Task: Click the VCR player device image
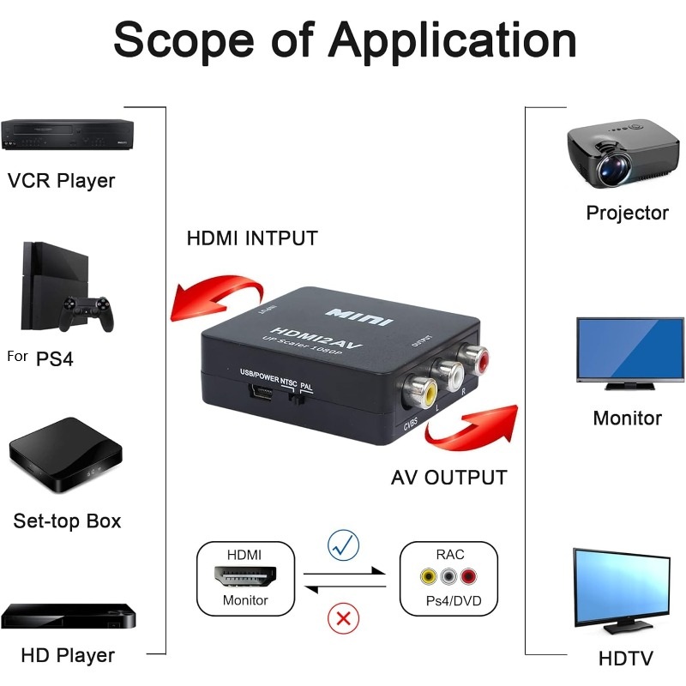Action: click(x=68, y=135)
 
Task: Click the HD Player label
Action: click(x=68, y=656)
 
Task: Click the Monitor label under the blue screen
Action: click(x=628, y=418)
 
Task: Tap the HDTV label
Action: click(x=626, y=659)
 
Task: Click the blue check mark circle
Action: click(x=344, y=545)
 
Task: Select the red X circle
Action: click(x=344, y=617)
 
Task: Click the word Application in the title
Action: click(x=453, y=40)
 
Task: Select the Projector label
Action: click(x=627, y=213)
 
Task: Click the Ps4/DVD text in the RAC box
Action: click(x=449, y=600)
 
